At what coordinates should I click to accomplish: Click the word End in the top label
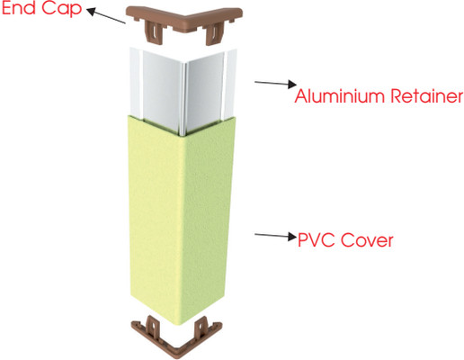coord(19,7)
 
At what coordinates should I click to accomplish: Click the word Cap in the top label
coord(62,8)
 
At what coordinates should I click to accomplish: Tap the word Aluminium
coord(340,95)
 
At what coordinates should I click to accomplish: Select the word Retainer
coord(427,95)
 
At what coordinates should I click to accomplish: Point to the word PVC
coord(317,240)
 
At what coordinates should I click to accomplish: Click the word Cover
coord(367,240)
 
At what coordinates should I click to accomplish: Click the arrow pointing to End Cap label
coord(106,15)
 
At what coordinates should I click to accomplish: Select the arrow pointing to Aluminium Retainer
coord(275,83)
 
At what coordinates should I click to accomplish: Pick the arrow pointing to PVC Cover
coord(275,236)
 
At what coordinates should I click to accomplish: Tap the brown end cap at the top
coord(183,22)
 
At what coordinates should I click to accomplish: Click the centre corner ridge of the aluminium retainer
coord(183,99)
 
